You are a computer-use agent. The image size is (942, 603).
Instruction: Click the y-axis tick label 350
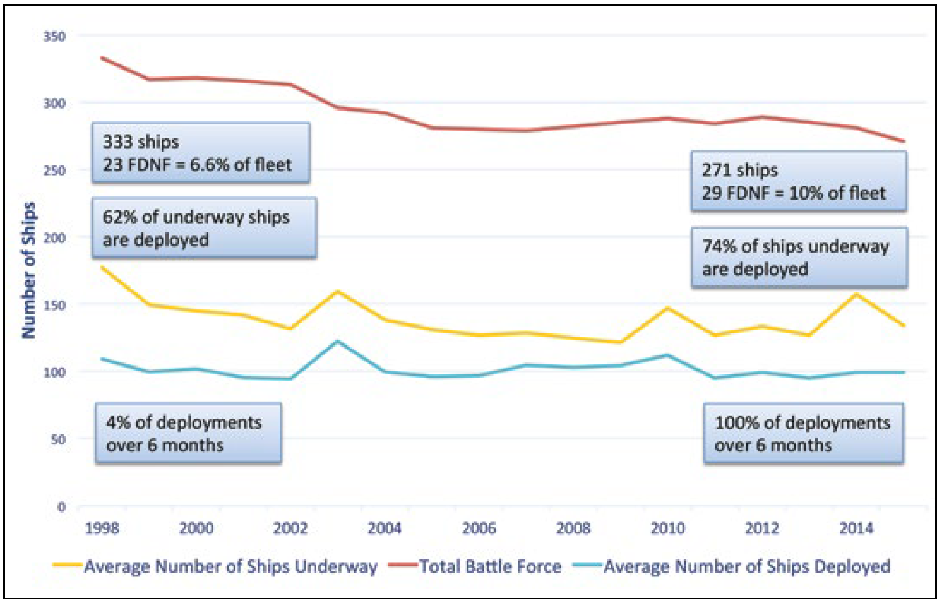tap(54, 37)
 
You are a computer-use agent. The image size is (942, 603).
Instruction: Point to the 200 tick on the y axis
tap(54, 238)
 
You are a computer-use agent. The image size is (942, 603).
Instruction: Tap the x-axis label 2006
tap(479, 528)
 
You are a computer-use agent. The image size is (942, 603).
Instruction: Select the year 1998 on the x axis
tap(102, 528)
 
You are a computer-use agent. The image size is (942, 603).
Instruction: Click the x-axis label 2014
tap(856, 528)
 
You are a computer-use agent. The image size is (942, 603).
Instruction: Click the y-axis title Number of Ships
tap(29, 270)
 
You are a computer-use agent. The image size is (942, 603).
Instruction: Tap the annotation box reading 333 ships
tap(201, 153)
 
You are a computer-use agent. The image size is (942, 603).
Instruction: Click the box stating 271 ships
tap(799, 181)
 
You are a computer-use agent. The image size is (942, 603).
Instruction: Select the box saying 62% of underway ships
tap(204, 228)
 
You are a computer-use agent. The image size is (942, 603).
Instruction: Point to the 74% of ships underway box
tap(799, 258)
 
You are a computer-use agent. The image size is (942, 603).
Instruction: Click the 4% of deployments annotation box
tap(188, 433)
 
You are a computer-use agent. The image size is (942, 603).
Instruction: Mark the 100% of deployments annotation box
tap(803, 433)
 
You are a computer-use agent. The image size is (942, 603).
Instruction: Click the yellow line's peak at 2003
tap(338, 291)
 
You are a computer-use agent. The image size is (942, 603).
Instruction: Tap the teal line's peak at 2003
tap(338, 341)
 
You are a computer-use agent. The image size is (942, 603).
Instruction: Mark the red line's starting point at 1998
tap(102, 57)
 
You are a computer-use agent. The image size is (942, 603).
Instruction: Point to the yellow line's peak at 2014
tap(856, 294)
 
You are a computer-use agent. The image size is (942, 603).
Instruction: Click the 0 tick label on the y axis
tap(62, 507)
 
